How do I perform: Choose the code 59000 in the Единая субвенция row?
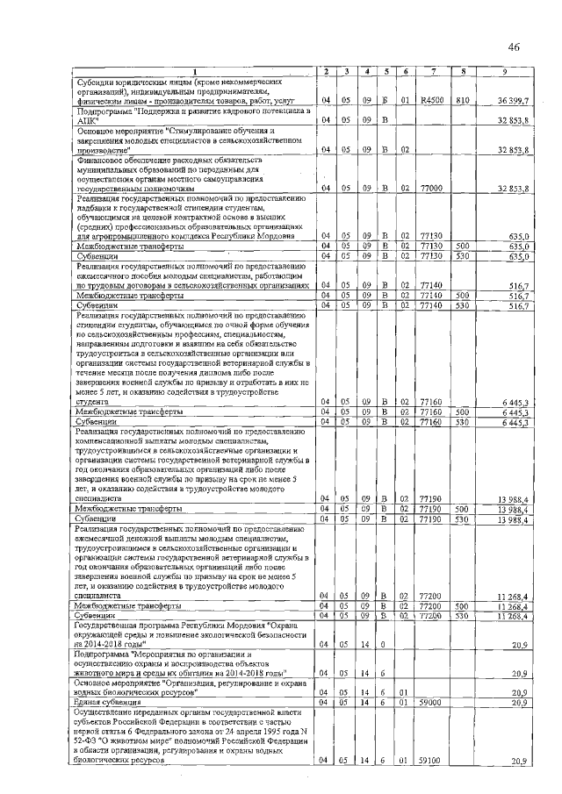[x=431, y=702]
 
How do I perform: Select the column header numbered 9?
[x=503, y=70]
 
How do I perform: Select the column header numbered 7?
[x=432, y=70]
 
